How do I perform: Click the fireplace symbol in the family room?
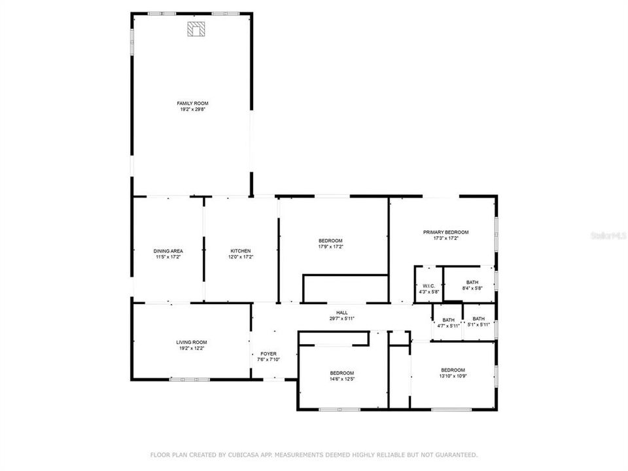point(196,29)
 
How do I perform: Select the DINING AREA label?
point(168,251)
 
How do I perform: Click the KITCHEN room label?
point(240,251)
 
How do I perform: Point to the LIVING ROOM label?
point(191,342)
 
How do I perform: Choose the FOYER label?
point(268,353)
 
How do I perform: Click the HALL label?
point(342,313)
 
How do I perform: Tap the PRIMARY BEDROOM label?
point(445,232)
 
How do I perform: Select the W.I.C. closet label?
point(428,285)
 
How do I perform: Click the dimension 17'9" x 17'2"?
point(330,247)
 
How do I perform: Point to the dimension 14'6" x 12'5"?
point(341,379)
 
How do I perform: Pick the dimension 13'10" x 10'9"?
point(452,375)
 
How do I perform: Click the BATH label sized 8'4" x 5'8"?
point(472,282)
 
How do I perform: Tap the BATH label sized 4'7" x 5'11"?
point(448,320)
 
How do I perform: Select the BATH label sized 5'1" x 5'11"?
point(479,319)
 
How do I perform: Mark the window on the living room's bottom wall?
point(190,379)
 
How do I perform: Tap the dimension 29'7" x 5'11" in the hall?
point(342,319)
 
